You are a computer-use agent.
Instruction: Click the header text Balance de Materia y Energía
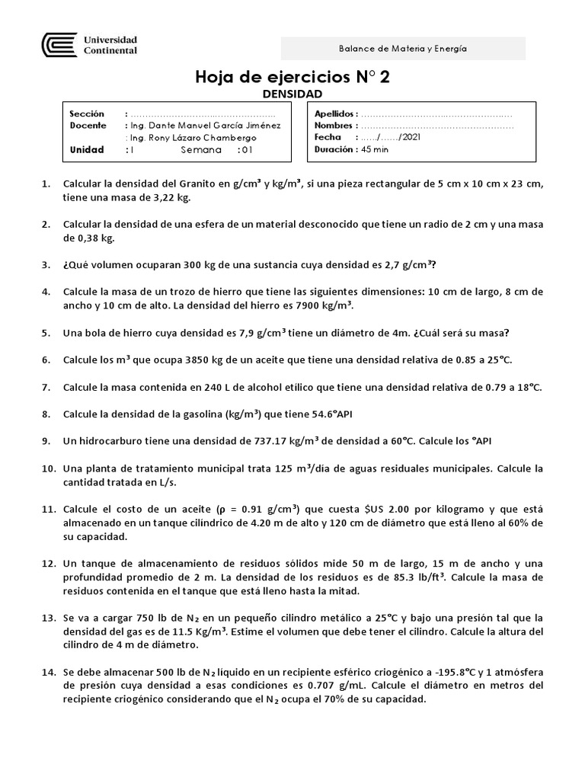402,48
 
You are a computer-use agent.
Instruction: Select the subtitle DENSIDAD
292,94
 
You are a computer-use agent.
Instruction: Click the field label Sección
85,113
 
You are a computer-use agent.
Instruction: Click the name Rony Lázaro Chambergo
202,138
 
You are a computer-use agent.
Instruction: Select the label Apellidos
335,113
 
